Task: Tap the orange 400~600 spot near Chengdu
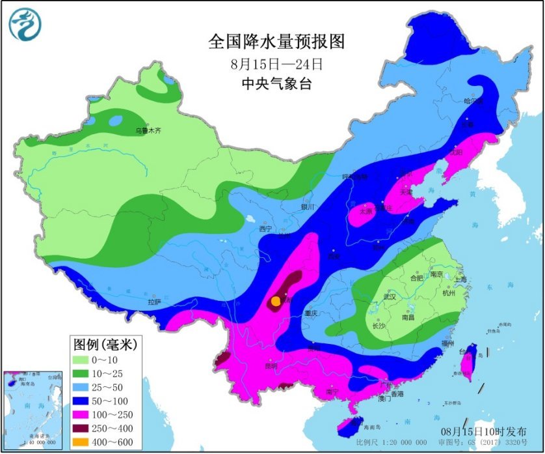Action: [276, 302]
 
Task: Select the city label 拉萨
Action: [154, 302]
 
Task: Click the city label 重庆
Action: [310, 313]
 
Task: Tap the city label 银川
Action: [308, 206]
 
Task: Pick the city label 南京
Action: [436, 275]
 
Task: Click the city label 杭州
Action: [448, 294]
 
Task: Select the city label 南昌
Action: [408, 319]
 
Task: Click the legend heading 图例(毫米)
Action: [104, 343]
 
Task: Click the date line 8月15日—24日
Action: [276, 64]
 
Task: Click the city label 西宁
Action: [265, 229]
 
